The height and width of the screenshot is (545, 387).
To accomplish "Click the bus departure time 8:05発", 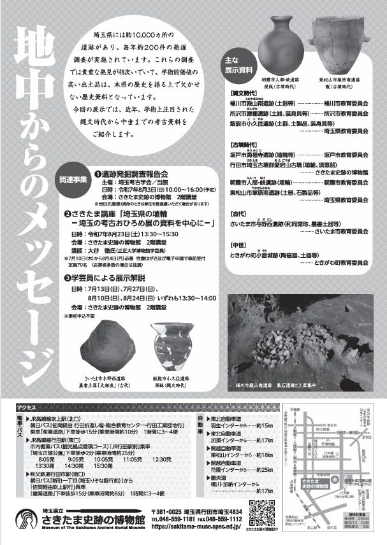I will click(46, 458).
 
